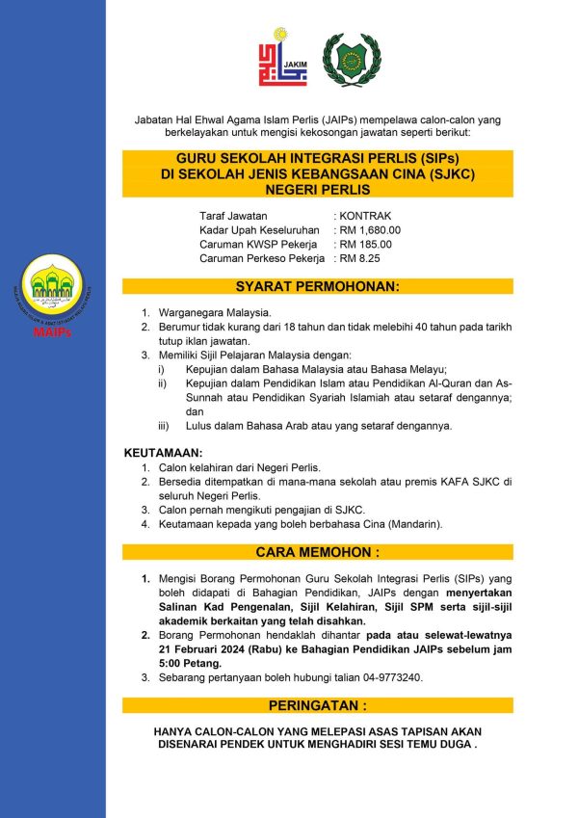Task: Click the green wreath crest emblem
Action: click(x=346, y=59)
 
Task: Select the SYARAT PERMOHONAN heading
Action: click(x=317, y=287)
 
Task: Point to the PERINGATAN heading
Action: click(x=317, y=704)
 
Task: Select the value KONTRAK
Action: click(x=365, y=216)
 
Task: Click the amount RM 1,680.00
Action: click(x=371, y=230)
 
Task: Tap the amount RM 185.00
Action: click(x=367, y=245)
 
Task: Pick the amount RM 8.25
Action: click(x=362, y=259)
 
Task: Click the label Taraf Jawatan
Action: click(x=233, y=216)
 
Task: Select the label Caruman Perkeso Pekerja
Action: click(x=261, y=259)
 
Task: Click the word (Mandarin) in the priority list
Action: click(x=412, y=524)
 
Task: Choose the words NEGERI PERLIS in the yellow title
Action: click(x=317, y=190)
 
